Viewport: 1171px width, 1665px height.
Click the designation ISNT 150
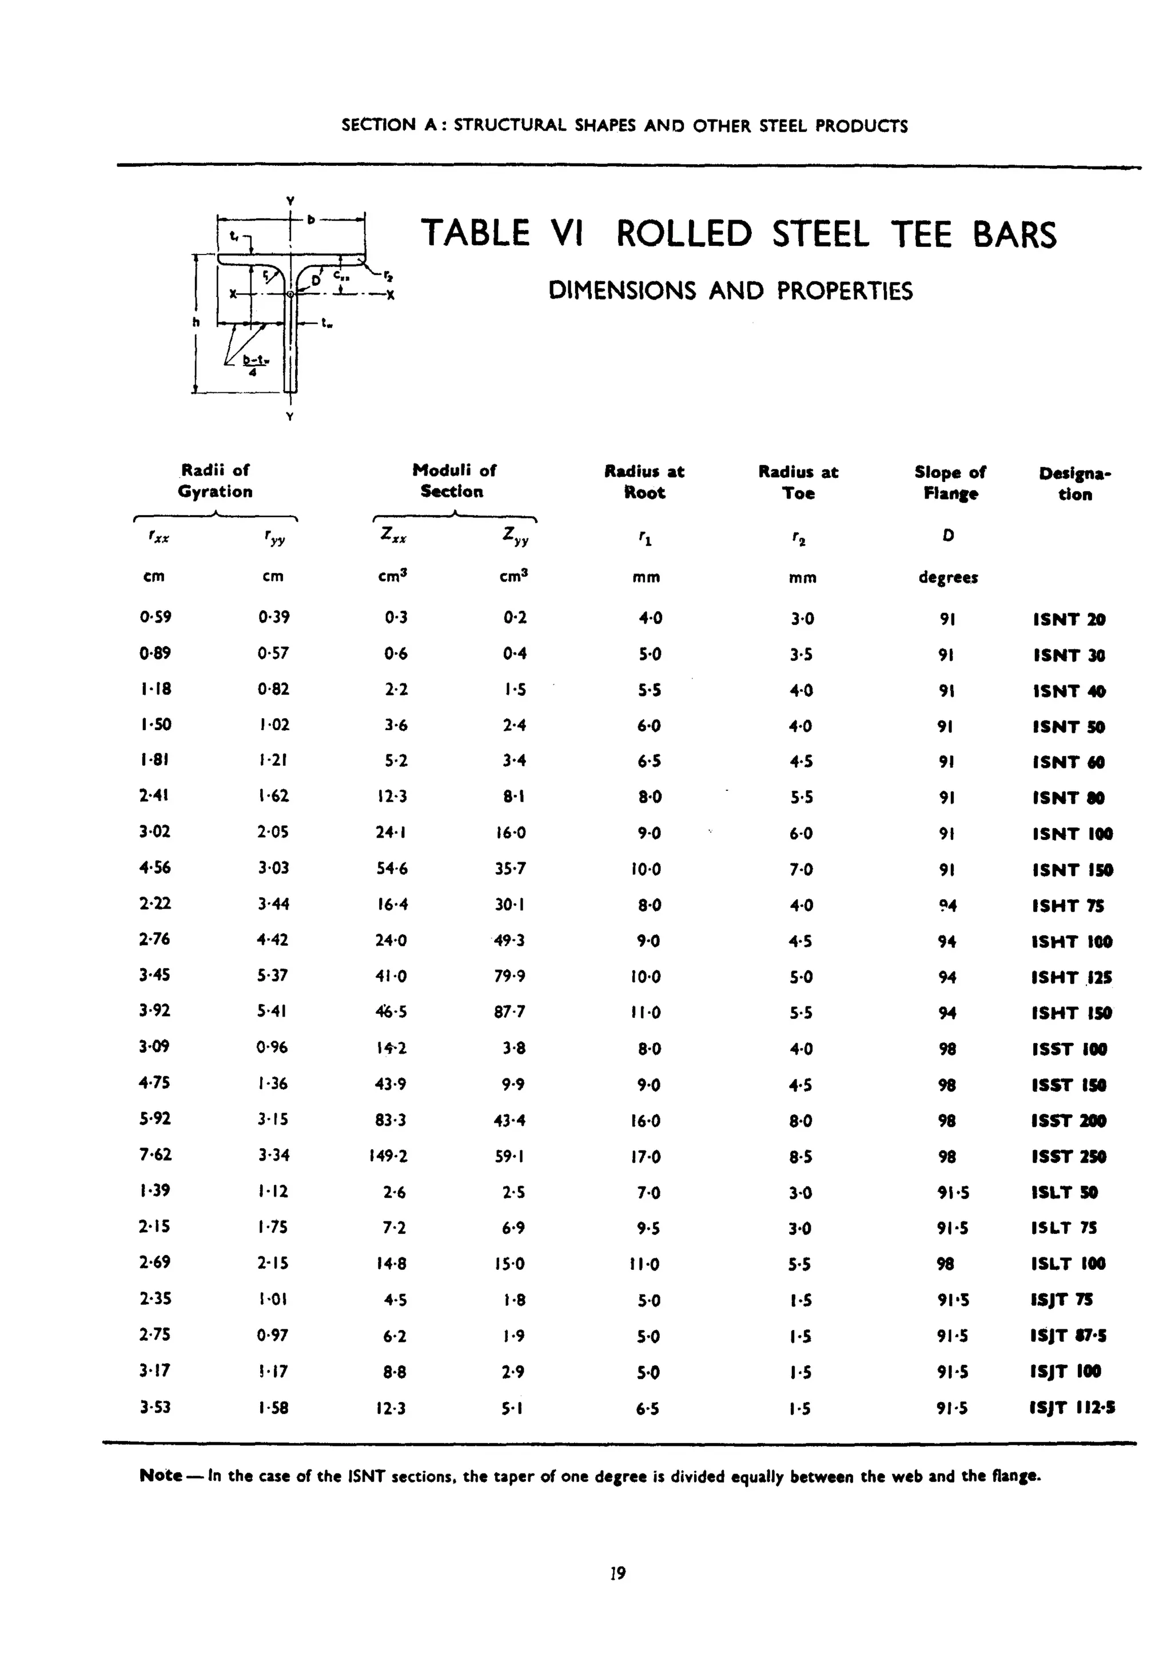tap(1072, 870)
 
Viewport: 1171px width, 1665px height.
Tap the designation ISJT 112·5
tap(1072, 1408)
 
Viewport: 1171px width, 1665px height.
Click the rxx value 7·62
tap(155, 1154)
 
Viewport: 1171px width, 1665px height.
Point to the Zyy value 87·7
tap(509, 1011)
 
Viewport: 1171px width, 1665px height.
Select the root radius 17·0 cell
tap(646, 1156)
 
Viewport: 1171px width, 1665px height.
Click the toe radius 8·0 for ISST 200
tap(800, 1121)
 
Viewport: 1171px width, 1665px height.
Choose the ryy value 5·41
tap(273, 1011)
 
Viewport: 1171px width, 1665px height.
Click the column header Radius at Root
tap(644, 482)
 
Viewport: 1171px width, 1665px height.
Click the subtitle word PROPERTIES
tap(844, 292)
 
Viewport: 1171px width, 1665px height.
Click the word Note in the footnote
tap(160, 1475)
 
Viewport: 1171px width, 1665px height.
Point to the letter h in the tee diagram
tap(196, 322)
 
